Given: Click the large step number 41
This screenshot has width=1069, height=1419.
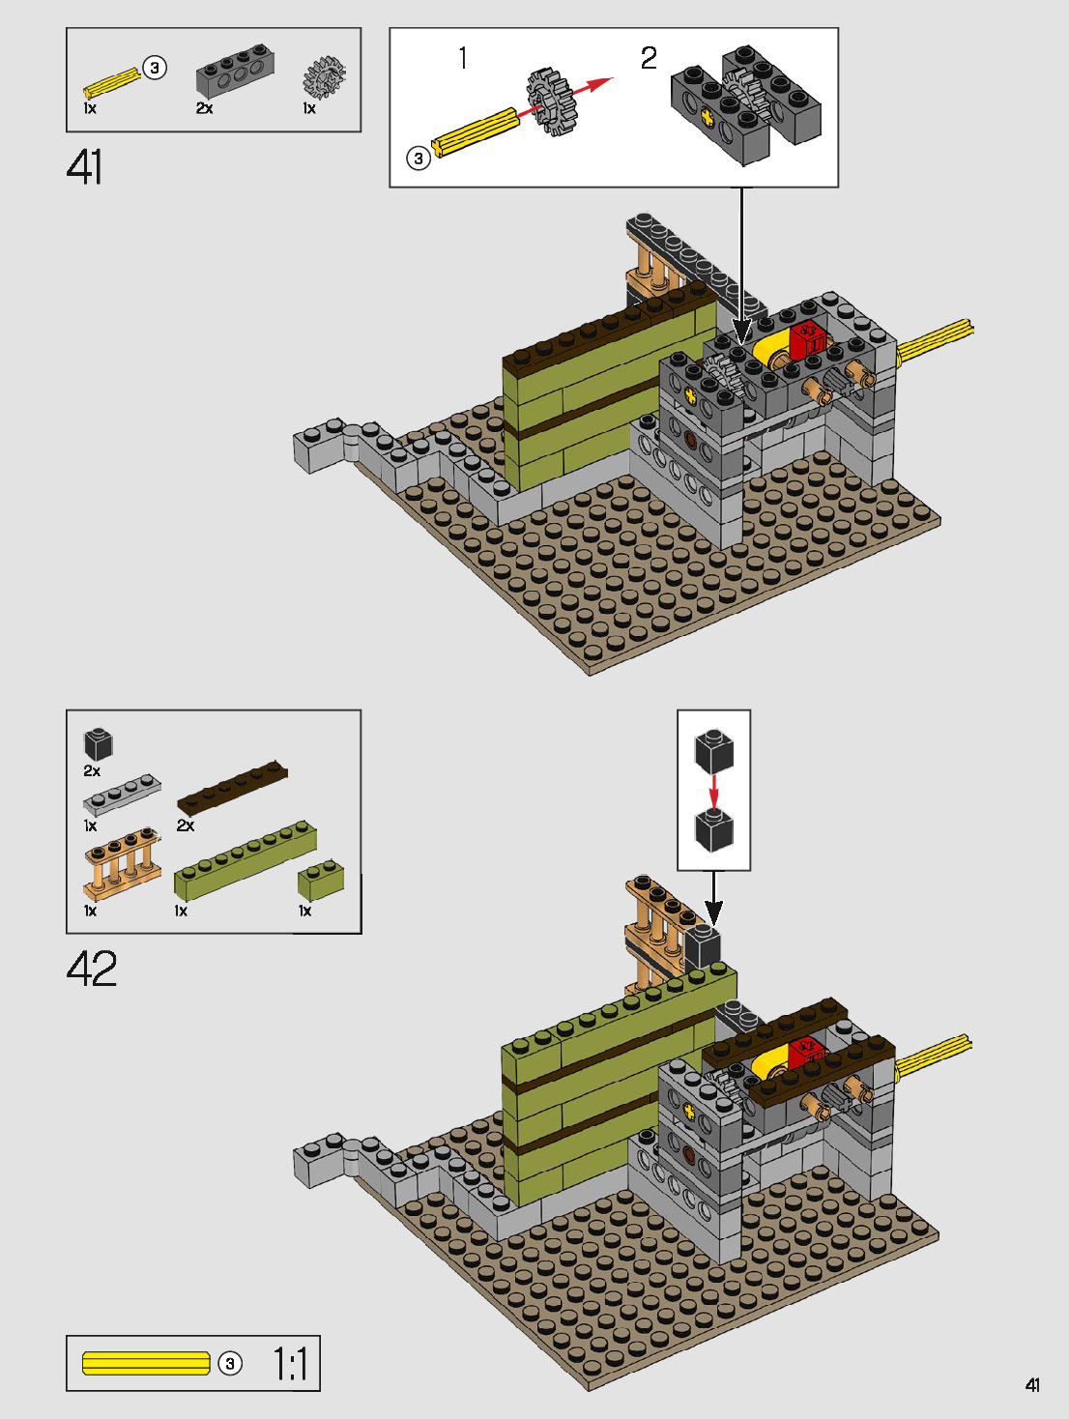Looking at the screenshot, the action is click(85, 167).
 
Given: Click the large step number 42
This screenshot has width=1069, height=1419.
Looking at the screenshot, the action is click(92, 968).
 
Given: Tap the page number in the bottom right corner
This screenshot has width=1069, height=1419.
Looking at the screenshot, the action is click(1032, 1385).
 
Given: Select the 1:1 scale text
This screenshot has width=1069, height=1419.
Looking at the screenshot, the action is click(289, 1364).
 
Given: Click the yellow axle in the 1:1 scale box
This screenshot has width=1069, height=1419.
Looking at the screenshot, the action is click(146, 1363).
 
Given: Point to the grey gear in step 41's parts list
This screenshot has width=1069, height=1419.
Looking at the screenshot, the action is click(323, 77).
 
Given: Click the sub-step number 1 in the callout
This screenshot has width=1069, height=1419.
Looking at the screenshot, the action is click(463, 58).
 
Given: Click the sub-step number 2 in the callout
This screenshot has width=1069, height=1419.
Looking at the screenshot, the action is click(649, 58).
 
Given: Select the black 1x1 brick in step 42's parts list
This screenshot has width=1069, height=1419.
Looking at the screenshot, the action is click(99, 744).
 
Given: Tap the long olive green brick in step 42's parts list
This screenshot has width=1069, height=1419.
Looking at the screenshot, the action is click(245, 859).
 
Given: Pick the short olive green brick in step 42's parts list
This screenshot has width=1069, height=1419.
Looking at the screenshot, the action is click(321, 879).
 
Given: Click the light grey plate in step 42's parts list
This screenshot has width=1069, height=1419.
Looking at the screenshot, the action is click(122, 795).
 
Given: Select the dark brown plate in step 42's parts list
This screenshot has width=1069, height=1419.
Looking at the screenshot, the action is click(232, 789).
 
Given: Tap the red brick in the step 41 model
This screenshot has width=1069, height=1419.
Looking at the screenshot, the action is click(807, 340).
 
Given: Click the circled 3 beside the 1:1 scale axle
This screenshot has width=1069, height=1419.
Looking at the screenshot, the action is click(230, 1364).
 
